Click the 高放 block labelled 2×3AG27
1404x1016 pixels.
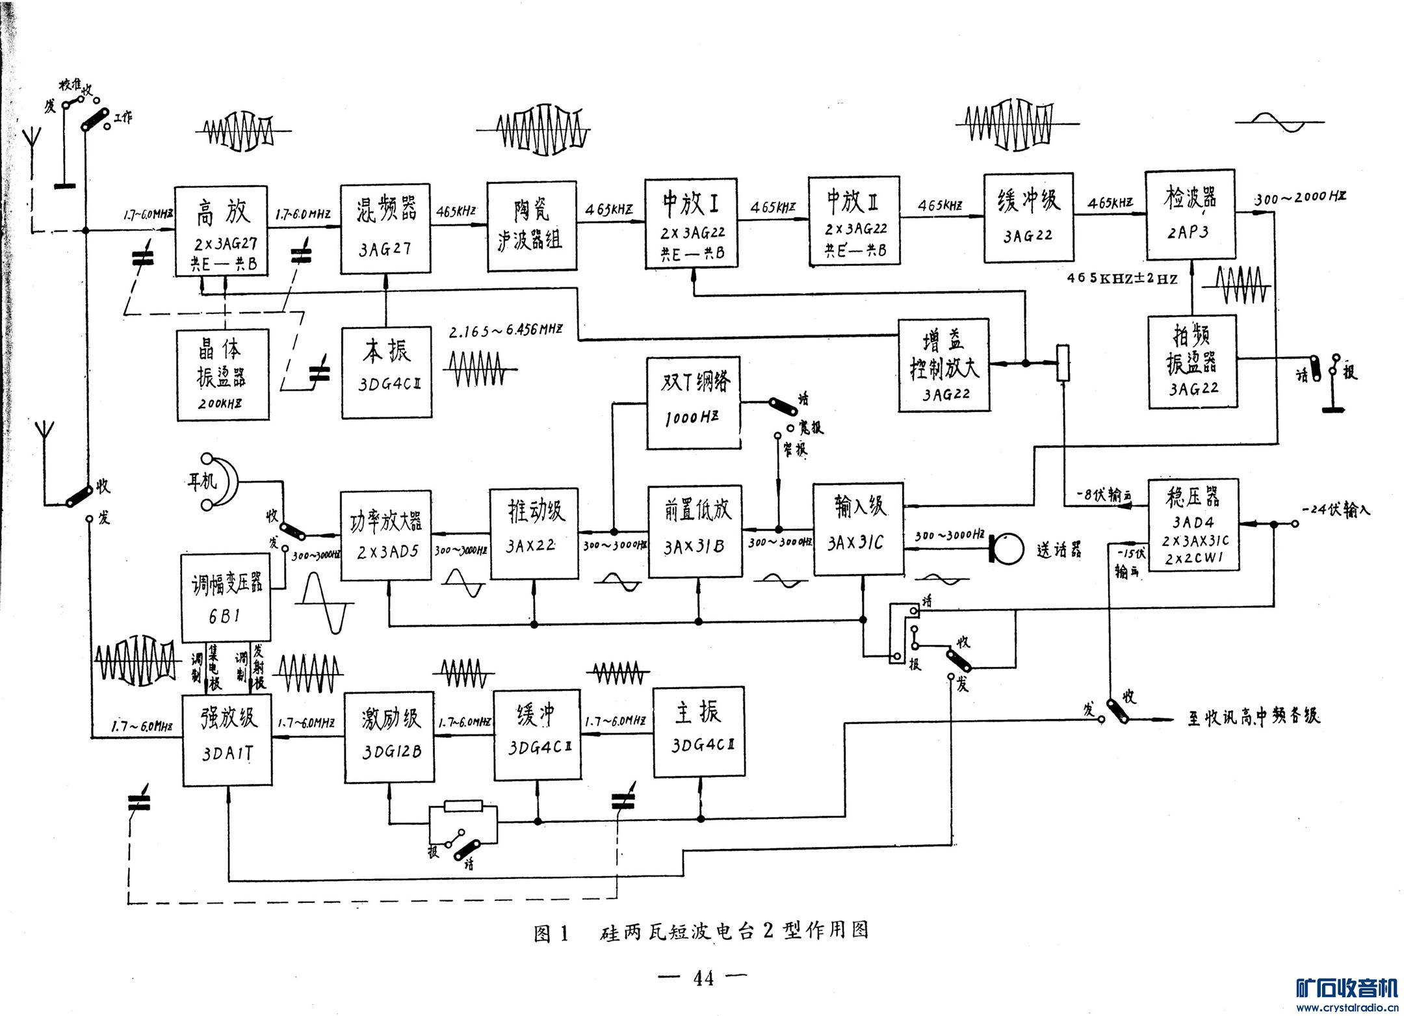[x=221, y=231]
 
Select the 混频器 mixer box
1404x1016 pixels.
[x=385, y=229]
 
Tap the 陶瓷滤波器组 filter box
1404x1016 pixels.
[x=532, y=225]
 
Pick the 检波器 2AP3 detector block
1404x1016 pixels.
[x=1189, y=216]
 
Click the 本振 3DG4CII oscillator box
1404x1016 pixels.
[x=387, y=372]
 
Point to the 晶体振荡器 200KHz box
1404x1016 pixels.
[x=222, y=374]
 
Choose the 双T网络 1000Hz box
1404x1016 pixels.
[x=694, y=402]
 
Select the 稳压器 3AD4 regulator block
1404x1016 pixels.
[x=1193, y=525]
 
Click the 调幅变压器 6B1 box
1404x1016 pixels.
[x=226, y=598]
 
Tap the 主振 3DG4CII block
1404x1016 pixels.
[x=699, y=729]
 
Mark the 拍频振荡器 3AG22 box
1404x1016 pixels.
[x=1192, y=361]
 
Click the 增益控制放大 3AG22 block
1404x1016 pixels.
[x=944, y=365]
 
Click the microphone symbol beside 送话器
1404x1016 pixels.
[x=1006, y=548]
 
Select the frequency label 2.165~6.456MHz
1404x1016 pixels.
[x=505, y=330]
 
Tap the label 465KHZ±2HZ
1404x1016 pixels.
[x=1123, y=279]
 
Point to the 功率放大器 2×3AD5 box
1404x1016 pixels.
[x=386, y=535]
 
